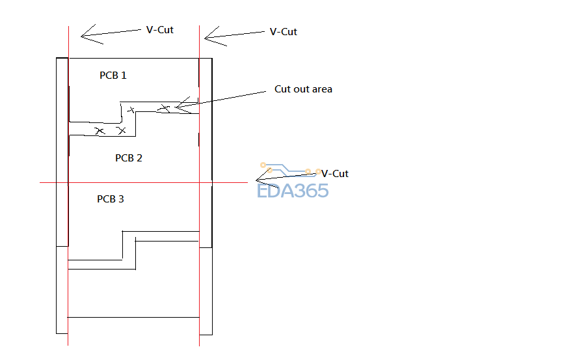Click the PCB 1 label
tap(113, 76)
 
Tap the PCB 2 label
tap(129, 158)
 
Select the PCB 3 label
tap(111, 199)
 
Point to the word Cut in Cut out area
tap(283, 89)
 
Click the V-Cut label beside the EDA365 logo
tap(335, 174)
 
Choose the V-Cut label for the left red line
tap(160, 30)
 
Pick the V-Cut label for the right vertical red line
tap(283, 31)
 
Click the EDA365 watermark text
tap(293, 191)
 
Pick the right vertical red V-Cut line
tap(199, 293)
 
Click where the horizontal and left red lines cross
tap(68, 183)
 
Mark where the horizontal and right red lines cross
tap(199, 183)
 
